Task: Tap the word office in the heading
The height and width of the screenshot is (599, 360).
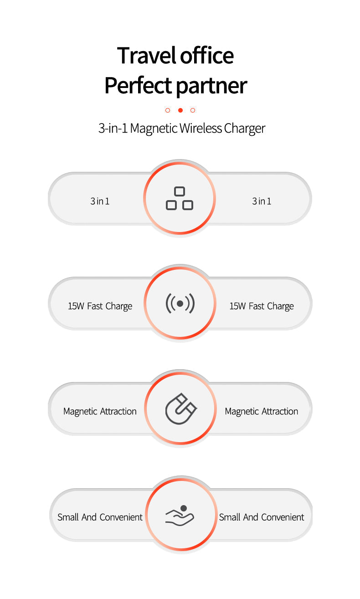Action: (207, 56)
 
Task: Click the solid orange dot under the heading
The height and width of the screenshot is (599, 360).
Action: (180, 110)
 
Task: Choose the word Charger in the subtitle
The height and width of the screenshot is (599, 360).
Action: (244, 129)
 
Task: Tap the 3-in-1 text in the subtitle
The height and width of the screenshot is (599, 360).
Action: (113, 128)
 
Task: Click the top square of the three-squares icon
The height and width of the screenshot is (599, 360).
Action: (180, 192)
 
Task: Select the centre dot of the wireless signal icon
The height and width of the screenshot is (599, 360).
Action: (180, 304)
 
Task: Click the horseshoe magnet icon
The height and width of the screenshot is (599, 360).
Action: (180, 409)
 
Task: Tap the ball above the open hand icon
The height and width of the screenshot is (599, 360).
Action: (184, 508)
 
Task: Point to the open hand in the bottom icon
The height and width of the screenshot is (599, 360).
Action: (179, 519)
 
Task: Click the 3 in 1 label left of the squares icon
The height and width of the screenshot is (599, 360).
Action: (100, 201)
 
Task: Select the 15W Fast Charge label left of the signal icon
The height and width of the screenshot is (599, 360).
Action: (100, 306)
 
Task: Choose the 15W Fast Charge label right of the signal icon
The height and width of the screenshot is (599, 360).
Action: (262, 306)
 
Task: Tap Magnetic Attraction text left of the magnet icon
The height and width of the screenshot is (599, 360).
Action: (100, 411)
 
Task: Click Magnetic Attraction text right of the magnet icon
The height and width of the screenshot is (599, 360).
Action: (262, 411)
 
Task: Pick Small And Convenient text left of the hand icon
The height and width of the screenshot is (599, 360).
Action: (100, 517)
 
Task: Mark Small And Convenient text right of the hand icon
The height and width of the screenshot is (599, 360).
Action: (262, 517)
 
